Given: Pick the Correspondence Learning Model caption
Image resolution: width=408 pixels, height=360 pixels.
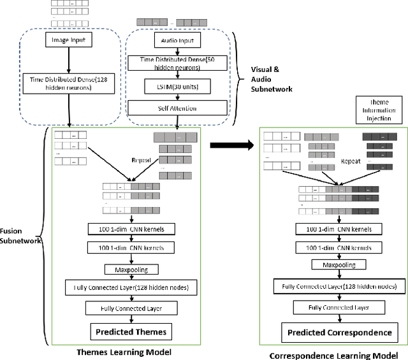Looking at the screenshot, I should (x=338, y=354).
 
